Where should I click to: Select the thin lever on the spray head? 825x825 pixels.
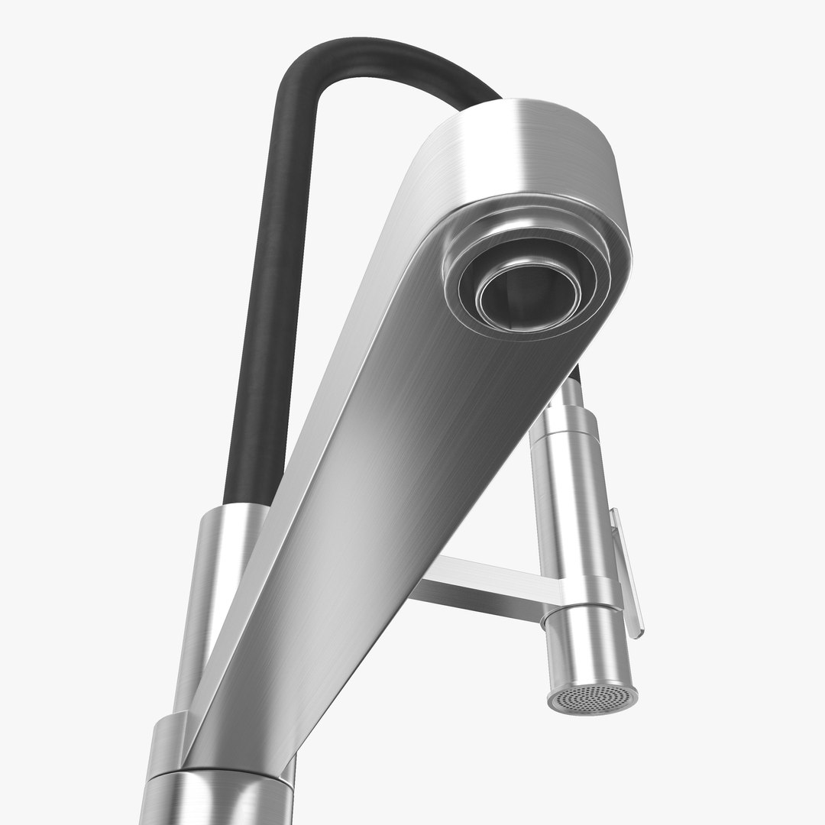tap(628, 573)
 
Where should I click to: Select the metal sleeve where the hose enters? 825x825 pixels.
tap(225, 550)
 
